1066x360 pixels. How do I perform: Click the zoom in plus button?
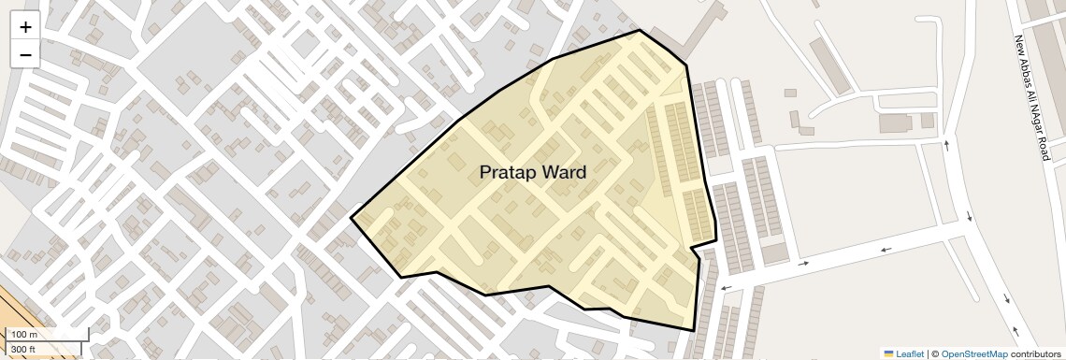(25, 27)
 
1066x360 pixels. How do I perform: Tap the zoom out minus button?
(25, 54)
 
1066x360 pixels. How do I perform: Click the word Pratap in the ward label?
(510, 173)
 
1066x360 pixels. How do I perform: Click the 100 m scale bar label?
(25, 335)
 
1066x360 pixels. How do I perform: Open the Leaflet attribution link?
(910, 353)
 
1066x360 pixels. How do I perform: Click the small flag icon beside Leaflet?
(889, 353)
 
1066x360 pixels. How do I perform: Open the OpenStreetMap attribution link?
(973, 353)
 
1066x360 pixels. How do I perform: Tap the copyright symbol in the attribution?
(934, 353)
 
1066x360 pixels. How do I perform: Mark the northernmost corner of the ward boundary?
(640, 30)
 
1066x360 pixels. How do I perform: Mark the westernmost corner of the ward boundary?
(351, 218)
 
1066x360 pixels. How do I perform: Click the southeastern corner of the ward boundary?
(694, 330)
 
